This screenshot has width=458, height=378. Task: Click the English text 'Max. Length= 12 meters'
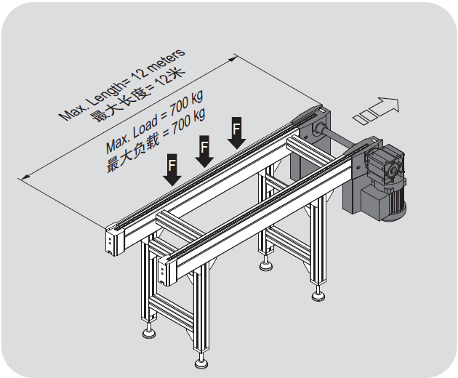[121, 84]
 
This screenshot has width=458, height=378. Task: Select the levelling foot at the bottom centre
[201, 362]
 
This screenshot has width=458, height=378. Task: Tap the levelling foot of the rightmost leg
[318, 295]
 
